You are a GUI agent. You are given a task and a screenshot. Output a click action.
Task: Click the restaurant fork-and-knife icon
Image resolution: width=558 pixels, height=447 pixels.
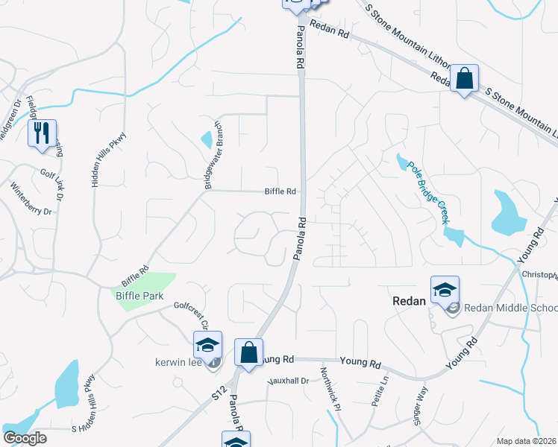pos(42,134)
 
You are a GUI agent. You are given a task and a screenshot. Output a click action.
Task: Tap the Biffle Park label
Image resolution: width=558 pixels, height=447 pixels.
pos(138,295)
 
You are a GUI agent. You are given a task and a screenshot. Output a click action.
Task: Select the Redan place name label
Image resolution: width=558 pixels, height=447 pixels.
pos(409,301)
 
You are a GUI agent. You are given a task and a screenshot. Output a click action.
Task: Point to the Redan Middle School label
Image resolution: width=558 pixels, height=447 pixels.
pos(510,308)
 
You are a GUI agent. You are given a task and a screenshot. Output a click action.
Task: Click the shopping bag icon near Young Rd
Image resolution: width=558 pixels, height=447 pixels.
pos(249,352)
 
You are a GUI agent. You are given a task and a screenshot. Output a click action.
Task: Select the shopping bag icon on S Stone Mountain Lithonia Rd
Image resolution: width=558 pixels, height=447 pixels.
pos(464,77)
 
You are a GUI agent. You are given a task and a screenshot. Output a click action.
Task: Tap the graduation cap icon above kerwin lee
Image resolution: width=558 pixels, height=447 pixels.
pos(207,345)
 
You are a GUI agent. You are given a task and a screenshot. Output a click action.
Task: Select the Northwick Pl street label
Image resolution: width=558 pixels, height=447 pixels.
pos(330,389)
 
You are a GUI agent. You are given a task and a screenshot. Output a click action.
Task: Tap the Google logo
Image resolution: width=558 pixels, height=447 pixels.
pos(25,437)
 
